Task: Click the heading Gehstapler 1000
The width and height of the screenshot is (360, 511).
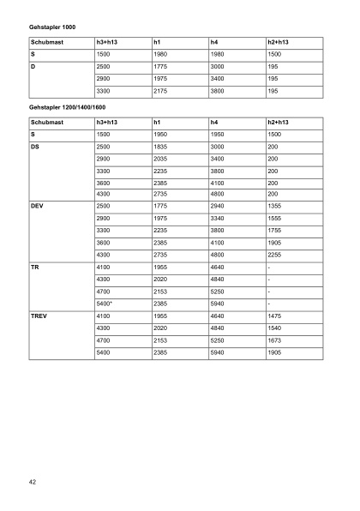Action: pos(52,27)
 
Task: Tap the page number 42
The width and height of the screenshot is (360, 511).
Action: pos(32,483)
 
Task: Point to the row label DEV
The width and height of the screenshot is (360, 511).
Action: pos(37,207)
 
